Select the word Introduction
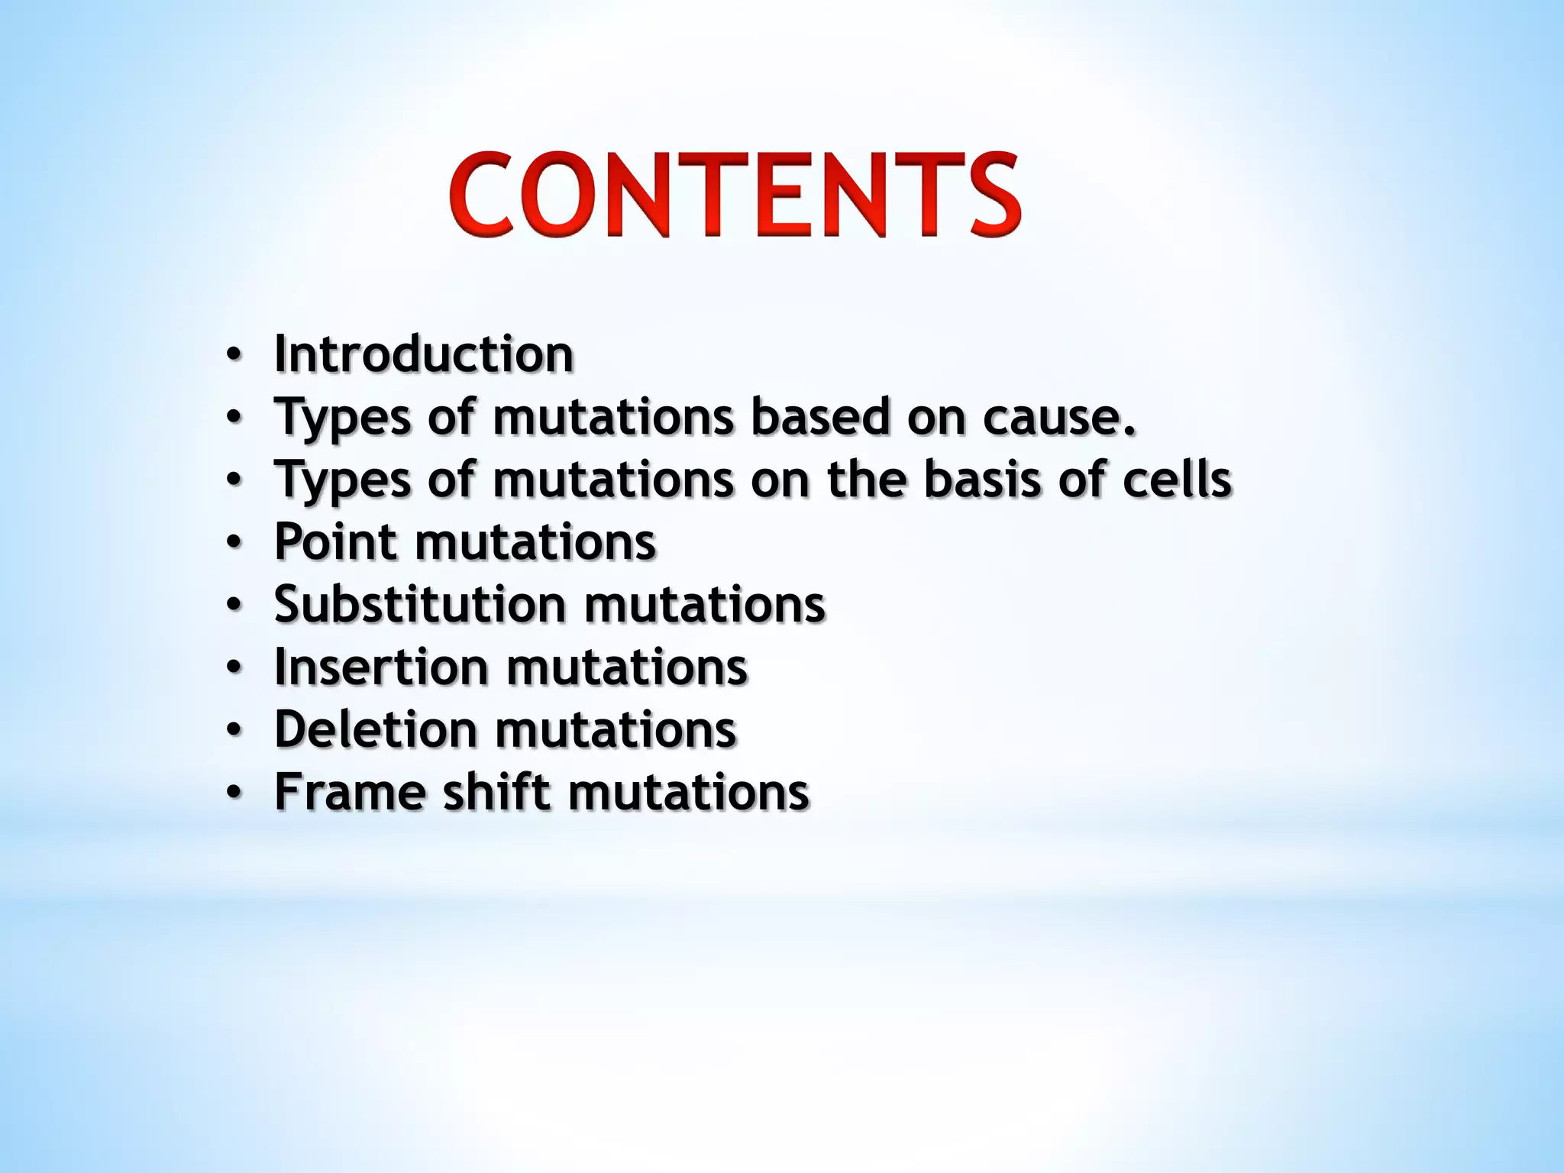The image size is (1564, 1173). click(x=424, y=354)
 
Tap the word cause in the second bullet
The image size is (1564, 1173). click(x=1058, y=418)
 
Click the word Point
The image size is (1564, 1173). click(x=335, y=542)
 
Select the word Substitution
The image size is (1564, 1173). click(x=420, y=605)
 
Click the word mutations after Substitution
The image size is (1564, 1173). click(x=705, y=605)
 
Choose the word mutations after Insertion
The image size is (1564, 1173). click(x=627, y=667)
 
